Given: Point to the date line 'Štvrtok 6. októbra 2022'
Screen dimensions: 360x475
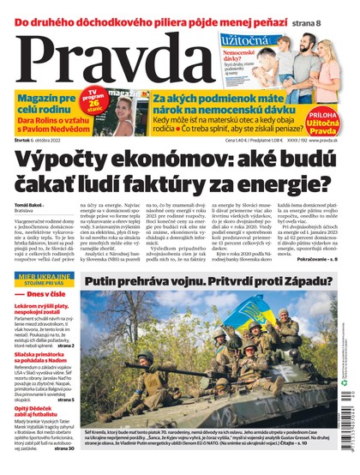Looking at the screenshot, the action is coord(42,141).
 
